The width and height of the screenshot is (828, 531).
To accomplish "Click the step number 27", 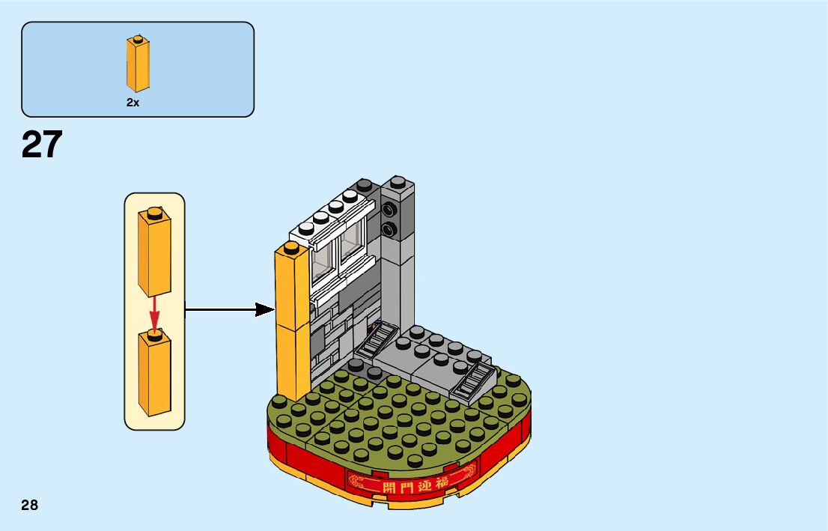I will pyautogui.click(x=42, y=145).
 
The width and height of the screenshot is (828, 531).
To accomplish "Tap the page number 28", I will pyautogui.click(x=30, y=505).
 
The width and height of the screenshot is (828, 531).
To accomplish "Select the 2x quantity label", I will pyautogui.click(x=133, y=103).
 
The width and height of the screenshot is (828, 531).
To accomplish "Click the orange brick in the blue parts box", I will pyautogui.click(x=137, y=65).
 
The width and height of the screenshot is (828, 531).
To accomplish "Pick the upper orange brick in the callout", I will pyautogui.click(x=154, y=255).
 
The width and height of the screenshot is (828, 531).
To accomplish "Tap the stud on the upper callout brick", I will pyautogui.click(x=154, y=213).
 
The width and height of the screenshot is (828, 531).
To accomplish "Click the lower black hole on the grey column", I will pyautogui.click(x=389, y=229).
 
